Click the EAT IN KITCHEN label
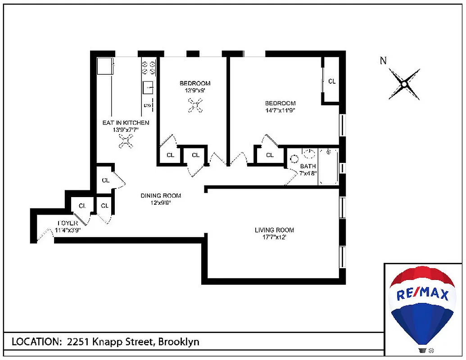126,123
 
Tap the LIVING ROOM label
274,230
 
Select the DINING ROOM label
161,196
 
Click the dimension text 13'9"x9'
195,90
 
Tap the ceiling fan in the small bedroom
195,106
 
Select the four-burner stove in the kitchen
149,67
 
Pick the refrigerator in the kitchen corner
105,66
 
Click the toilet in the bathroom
294,159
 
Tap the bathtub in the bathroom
329,166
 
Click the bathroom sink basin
309,154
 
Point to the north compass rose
404,84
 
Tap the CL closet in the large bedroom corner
332,81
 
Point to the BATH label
308,166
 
